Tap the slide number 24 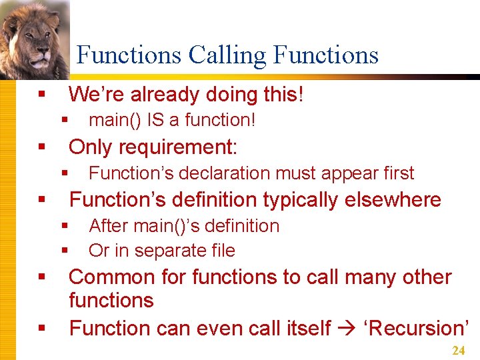[458, 351]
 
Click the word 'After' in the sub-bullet [107, 226]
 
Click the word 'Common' [107, 277]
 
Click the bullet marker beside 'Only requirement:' [42, 147]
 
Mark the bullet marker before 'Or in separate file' [65, 251]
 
